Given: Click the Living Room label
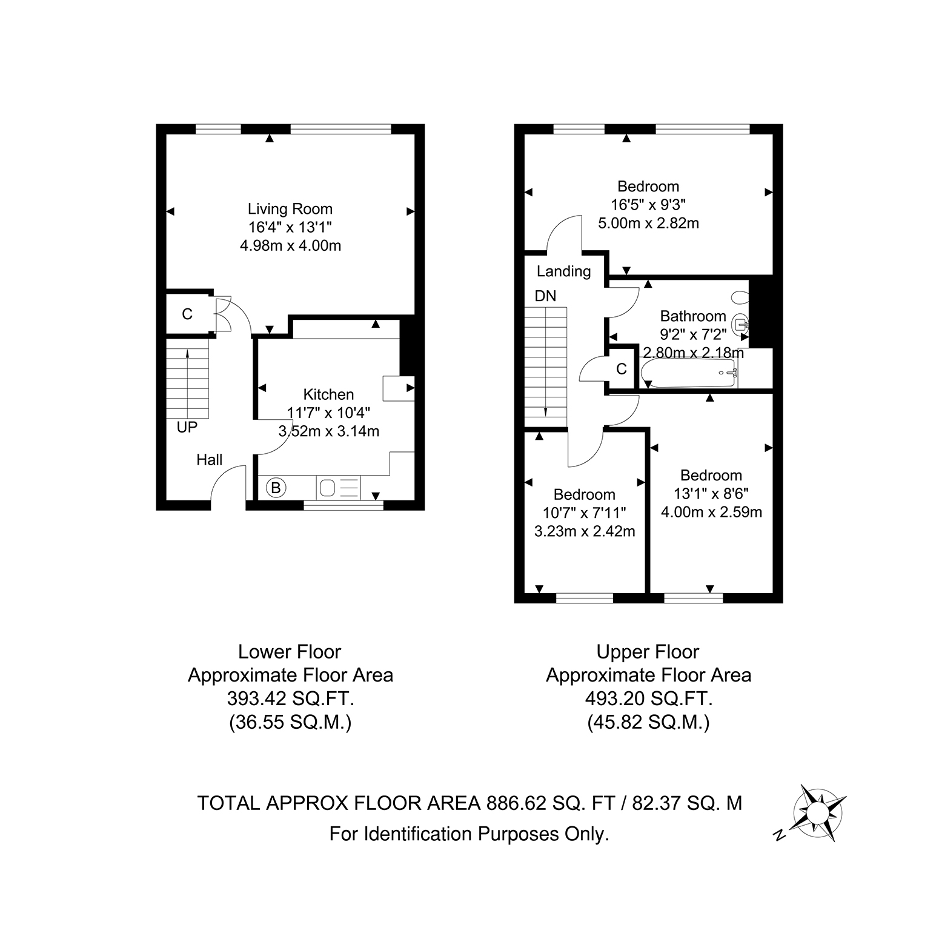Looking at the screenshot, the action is click(290, 209).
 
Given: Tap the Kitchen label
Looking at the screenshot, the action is click(328, 394).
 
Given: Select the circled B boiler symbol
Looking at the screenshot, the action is click(276, 487).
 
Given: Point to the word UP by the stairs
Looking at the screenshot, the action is click(187, 427).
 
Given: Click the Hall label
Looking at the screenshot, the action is click(209, 460).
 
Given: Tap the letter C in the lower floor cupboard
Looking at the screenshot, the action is click(187, 314).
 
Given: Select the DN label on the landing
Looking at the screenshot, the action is click(545, 296).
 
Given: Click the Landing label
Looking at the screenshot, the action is click(563, 271).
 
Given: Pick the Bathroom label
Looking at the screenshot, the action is click(693, 316).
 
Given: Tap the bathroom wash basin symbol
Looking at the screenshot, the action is click(741, 325).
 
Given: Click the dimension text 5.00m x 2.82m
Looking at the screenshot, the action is click(648, 223).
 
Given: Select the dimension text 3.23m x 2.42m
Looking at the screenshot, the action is click(584, 531).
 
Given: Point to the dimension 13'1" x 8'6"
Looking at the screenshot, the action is click(711, 493).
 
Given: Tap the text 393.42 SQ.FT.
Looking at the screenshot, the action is click(290, 699).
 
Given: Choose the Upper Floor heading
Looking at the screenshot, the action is click(648, 652).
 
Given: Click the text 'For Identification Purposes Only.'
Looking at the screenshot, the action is click(469, 834).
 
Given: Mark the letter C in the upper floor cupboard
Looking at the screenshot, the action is click(621, 368).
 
